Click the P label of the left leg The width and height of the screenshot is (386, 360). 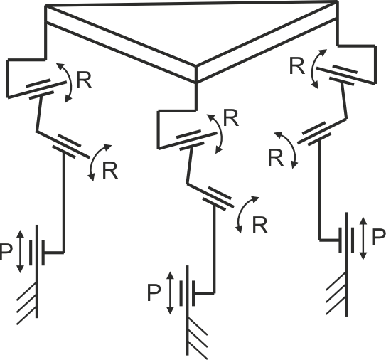tap(6, 252)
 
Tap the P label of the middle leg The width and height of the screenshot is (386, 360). tap(154, 292)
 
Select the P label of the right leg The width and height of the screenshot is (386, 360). tap(378, 237)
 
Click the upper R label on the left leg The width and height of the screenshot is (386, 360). tap(84, 80)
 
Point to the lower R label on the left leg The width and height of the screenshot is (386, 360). tap(110, 171)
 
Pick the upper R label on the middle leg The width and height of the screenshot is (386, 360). tap(230, 118)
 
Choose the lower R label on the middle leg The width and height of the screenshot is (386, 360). tap(260, 226)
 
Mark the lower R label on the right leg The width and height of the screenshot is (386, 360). tap(276, 158)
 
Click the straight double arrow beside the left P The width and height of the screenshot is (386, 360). tap(21, 252)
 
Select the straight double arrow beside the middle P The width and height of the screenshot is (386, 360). tap(170, 293)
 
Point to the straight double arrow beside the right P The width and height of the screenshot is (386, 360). tap(363, 238)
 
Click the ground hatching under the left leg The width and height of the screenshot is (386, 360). tap(27, 304)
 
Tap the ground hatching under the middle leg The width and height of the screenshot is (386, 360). tap(197, 338)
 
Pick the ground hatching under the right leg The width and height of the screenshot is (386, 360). tap(336, 294)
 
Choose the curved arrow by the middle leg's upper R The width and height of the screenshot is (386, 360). tap(221, 132)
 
